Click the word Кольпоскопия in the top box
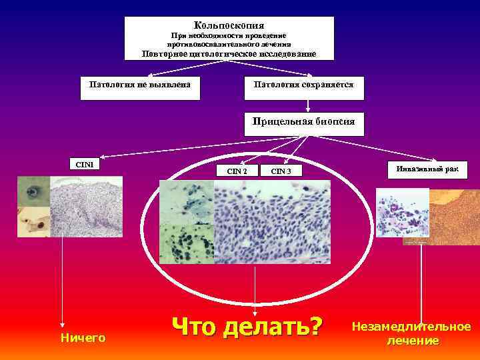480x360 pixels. click(x=229, y=25)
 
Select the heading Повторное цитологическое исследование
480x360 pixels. click(x=229, y=54)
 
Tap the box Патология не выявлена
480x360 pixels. click(x=140, y=85)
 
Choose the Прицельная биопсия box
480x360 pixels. click(x=304, y=122)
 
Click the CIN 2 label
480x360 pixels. click(x=237, y=171)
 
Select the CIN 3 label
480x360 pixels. click(x=281, y=171)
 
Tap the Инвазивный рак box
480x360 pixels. click(x=427, y=169)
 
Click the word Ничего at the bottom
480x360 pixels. click(x=83, y=338)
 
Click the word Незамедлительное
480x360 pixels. click(x=411, y=327)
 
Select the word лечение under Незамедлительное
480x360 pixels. click(x=413, y=341)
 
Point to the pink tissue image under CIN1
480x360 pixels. click(x=87, y=207)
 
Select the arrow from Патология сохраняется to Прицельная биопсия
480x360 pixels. click(x=307, y=105)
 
